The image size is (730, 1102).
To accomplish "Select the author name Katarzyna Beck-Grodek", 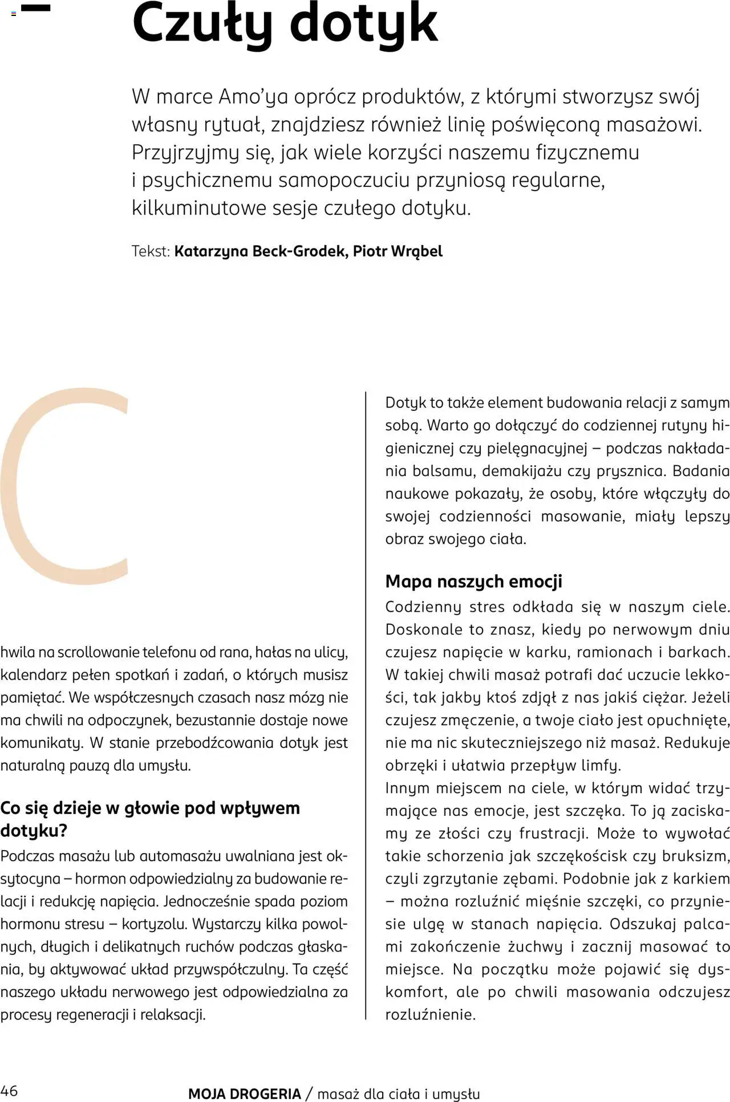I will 260,251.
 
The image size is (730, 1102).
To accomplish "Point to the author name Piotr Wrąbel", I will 398,251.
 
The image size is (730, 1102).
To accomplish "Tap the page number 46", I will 9,1091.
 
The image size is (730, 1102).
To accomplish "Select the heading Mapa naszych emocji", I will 473,582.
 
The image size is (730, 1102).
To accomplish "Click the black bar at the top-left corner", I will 35,8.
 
